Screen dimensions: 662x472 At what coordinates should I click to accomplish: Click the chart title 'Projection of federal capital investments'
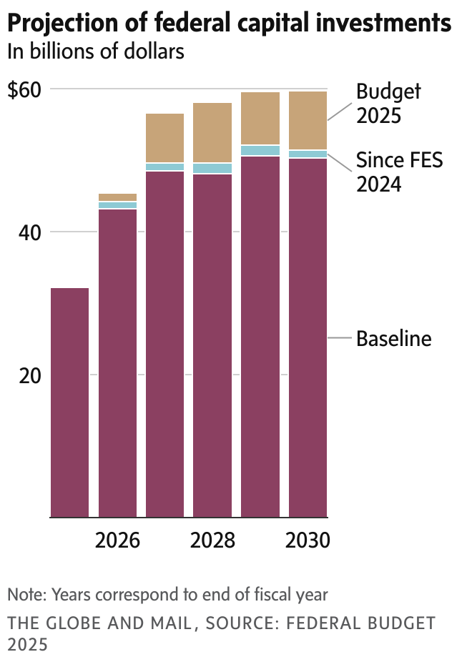229,24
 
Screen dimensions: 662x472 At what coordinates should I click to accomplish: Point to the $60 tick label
25,90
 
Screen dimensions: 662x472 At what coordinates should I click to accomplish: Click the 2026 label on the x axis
117,540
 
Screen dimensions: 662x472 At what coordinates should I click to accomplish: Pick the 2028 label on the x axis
212,540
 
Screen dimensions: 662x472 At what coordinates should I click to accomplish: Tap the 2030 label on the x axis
308,540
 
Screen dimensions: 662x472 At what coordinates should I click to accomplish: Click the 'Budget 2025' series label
388,104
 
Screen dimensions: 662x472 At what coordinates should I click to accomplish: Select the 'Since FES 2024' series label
399,172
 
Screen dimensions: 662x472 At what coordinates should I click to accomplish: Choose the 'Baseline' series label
394,338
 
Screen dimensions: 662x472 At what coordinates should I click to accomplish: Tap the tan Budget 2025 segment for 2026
117,197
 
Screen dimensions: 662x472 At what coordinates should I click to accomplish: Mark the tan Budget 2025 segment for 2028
212,133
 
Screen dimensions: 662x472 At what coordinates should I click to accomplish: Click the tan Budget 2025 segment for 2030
308,120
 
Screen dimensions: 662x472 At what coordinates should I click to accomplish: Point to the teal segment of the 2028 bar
212,169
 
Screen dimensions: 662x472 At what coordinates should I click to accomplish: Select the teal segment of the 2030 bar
308,154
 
